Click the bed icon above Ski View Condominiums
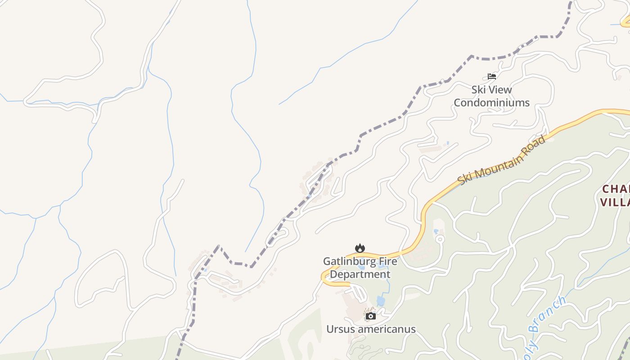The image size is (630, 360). [x=492, y=76]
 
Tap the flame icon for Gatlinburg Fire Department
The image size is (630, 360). [x=360, y=248]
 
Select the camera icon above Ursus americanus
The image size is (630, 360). [x=370, y=316]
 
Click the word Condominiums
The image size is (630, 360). [x=491, y=103]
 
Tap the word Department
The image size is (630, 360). [x=357, y=274]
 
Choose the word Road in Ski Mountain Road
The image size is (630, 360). [x=535, y=144]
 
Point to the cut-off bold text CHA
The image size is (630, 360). [x=616, y=189]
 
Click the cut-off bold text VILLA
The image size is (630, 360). [x=616, y=202]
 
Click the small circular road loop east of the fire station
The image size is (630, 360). [x=440, y=239]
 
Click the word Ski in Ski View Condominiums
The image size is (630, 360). [x=478, y=90]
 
